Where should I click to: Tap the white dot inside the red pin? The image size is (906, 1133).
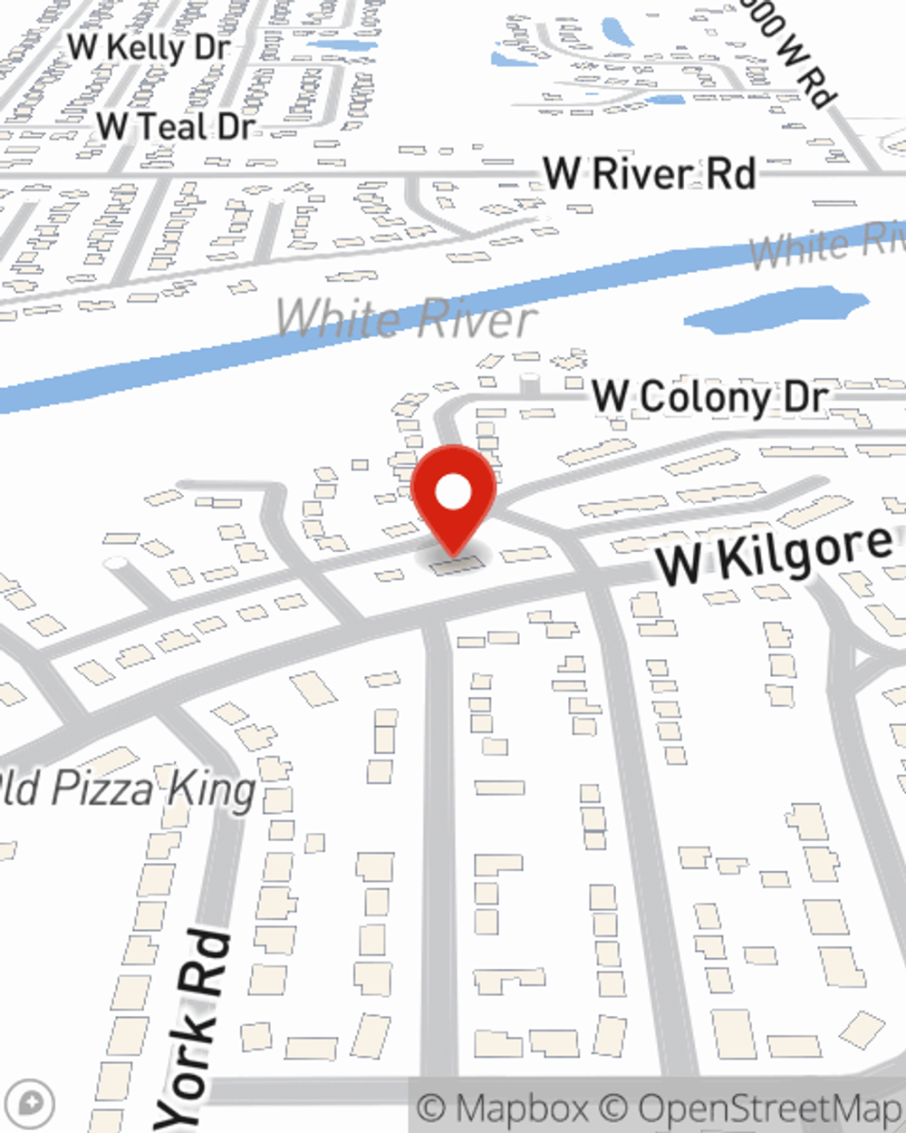click(453, 493)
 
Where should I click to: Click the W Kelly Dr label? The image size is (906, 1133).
click(149, 47)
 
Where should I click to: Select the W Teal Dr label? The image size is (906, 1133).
click(176, 127)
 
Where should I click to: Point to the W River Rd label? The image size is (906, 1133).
click(649, 173)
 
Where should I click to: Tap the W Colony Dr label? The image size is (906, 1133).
click(709, 397)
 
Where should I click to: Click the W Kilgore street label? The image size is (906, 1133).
click(775, 554)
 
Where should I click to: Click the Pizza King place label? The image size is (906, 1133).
click(127, 789)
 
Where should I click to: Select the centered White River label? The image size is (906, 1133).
click(406, 318)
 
